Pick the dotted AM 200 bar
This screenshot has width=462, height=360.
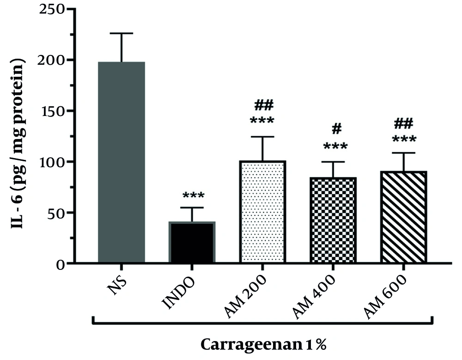[x=262, y=213]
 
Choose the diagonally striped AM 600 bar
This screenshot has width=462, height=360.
[x=403, y=218]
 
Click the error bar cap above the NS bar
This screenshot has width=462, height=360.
[x=122, y=33]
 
